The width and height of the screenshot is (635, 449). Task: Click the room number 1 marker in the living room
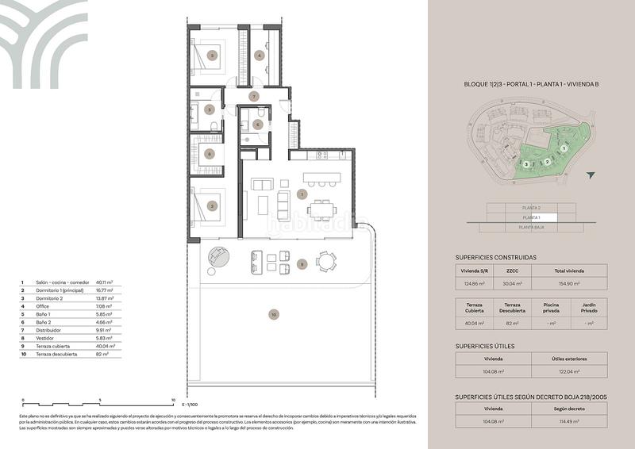click(x=302, y=194)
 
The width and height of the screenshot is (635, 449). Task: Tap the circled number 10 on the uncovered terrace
click(x=273, y=315)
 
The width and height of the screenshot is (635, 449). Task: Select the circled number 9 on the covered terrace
click(x=302, y=263)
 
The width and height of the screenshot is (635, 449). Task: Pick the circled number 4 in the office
click(x=260, y=55)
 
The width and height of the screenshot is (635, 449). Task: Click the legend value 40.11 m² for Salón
click(x=104, y=282)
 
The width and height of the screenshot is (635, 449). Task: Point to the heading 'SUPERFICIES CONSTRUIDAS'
click(x=496, y=257)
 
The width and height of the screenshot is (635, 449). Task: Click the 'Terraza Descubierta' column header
click(x=512, y=307)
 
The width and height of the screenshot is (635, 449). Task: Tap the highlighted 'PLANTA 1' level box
click(x=532, y=217)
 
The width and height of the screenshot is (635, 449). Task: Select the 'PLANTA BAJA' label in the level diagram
click(x=532, y=227)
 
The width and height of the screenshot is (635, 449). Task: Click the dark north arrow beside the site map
click(x=589, y=175)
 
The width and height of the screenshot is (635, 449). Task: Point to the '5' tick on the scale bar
click(x=99, y=401)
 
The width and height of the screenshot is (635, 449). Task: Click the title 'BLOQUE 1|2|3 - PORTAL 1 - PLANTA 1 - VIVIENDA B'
click(x=531, y=83)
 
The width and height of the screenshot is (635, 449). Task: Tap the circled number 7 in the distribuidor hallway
click(x=253, y=96)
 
